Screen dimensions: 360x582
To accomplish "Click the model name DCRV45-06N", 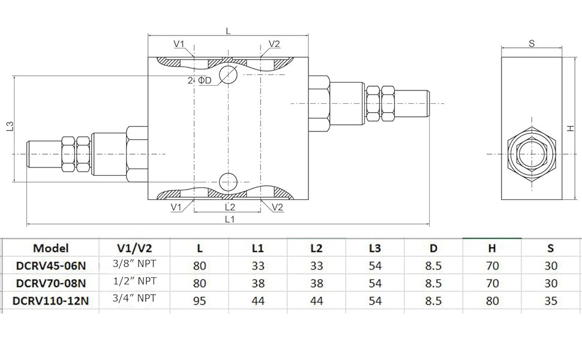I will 51,265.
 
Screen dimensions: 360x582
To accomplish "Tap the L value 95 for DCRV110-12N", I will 200,301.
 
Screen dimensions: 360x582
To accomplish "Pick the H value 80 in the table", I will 492,301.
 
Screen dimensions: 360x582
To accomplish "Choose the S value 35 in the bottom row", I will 551,301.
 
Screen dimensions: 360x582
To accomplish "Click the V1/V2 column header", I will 135,248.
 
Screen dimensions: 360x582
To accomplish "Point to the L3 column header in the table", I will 375,248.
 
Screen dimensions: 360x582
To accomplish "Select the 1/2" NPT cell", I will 136,283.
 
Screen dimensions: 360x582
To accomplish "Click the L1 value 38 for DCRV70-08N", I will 258,283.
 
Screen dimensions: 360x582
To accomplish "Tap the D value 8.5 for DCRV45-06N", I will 433,265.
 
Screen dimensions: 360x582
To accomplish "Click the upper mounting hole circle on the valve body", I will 228,74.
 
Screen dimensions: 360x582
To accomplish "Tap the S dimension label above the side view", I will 532,43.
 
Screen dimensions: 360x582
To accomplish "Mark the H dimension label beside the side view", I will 571,127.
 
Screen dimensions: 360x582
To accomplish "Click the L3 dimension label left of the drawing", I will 9,127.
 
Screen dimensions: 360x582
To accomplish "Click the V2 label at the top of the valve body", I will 274,44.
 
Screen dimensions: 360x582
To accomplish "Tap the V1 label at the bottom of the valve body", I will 176,207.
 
